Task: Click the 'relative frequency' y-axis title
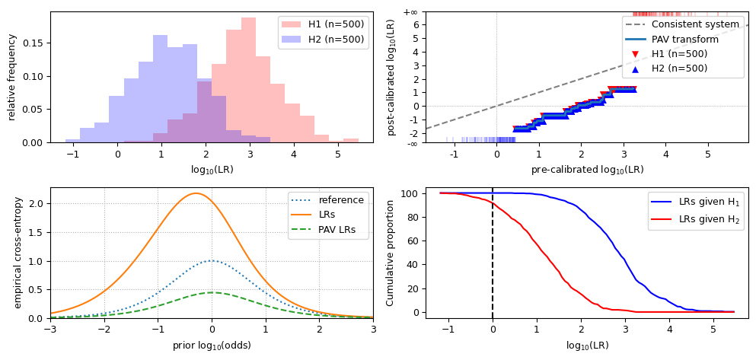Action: (x=12, y=77)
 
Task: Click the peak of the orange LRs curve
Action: (x=196, y=193)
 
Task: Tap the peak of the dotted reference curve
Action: (x=212, y=260)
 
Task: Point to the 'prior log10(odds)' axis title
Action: (x=212, y=346)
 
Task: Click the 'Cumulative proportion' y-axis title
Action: (x=391, y=253)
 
